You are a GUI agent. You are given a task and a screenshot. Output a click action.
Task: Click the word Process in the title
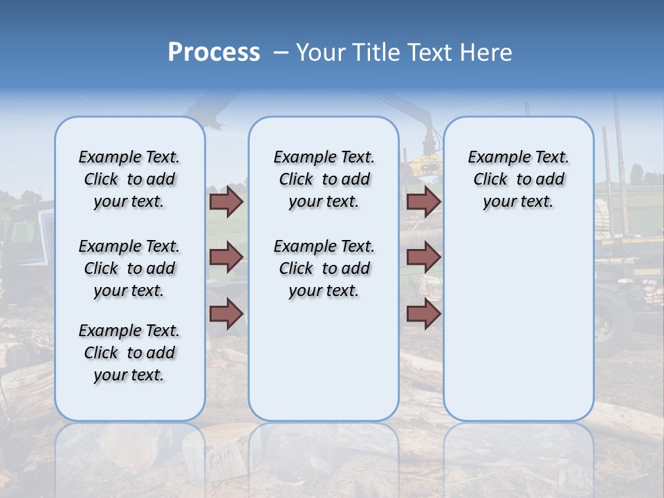(214, 53)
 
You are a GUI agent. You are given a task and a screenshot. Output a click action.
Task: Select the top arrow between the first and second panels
(226, 201)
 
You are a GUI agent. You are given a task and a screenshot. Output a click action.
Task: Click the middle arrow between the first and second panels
(226, 257)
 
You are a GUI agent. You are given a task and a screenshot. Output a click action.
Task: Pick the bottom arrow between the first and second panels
(226, 313)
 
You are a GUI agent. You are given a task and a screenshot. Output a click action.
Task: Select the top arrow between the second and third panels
(423, 201)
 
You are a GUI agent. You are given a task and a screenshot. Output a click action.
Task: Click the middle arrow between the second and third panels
(423, 257)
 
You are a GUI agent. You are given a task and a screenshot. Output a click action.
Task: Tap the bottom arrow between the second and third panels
(423, 313)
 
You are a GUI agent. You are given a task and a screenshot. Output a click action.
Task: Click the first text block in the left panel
(129, 179)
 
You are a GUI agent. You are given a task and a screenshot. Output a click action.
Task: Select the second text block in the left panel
(129, 268)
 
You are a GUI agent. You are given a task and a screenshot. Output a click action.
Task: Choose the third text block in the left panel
(129, 353)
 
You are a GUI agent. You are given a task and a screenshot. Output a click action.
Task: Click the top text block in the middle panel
(324, 179)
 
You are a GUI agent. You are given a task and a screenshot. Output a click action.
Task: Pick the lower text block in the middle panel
(324, 268)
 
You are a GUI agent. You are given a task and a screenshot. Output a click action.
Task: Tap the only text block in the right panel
(518, 179)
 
